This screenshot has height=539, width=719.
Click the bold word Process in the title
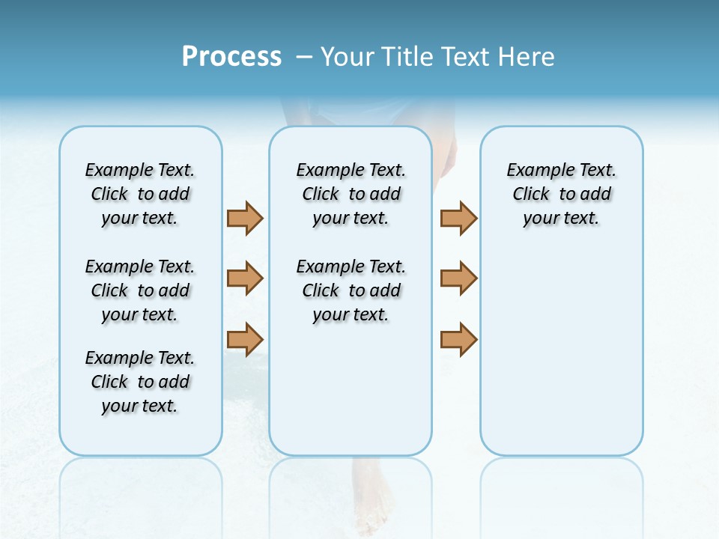[x=231, y=56]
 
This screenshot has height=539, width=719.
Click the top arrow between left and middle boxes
[x=245, y=219]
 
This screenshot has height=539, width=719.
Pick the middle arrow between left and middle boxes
[x=245, y=278]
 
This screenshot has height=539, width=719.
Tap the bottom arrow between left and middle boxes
[x=245, y=340]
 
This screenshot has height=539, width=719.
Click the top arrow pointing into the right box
[x=458, y=219]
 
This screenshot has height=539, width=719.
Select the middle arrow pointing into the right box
[x=458, y=278]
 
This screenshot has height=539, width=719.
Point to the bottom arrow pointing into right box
[x=458, y=340]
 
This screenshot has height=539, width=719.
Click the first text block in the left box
[x=140, y=194]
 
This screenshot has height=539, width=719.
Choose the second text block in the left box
[x=140, y=290]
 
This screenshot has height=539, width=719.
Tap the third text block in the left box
[x=140, y=382]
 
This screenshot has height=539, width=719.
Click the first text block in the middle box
[x=351, y=194]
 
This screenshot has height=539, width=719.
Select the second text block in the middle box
[x=351, y=290]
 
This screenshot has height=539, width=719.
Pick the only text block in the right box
[x=561, y=194]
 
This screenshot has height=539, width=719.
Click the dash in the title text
[x=304, y=57]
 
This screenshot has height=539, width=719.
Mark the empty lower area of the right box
[x=561, y=352]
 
